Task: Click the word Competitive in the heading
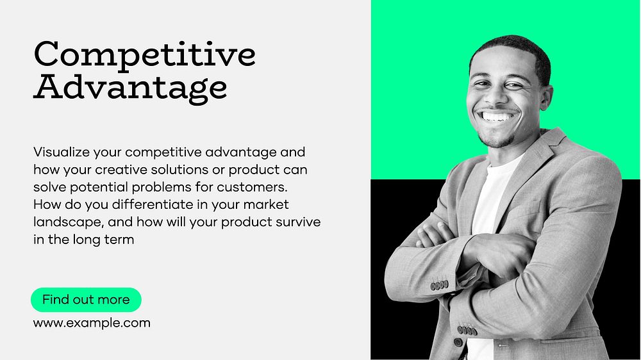coord(144,56)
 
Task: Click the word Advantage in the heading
coord(130,88)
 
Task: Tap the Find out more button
coord(86,299)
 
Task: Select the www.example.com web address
coord(92,323)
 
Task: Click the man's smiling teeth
coord(499,117)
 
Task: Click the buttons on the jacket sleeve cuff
coord(439,284)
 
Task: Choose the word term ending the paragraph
coord(121,240)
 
